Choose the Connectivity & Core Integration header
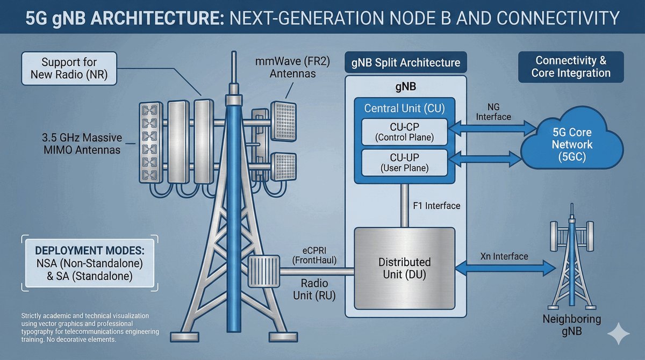pos(571,67)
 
